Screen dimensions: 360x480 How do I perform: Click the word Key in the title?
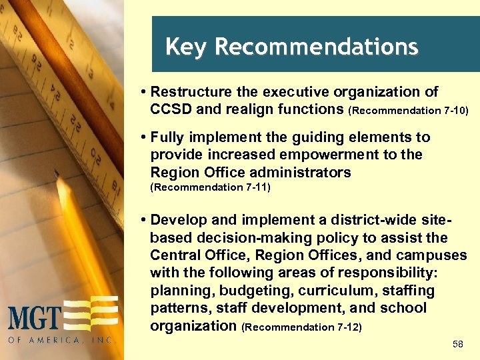point(187,47)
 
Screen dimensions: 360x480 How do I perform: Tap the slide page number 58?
point(457,344)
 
